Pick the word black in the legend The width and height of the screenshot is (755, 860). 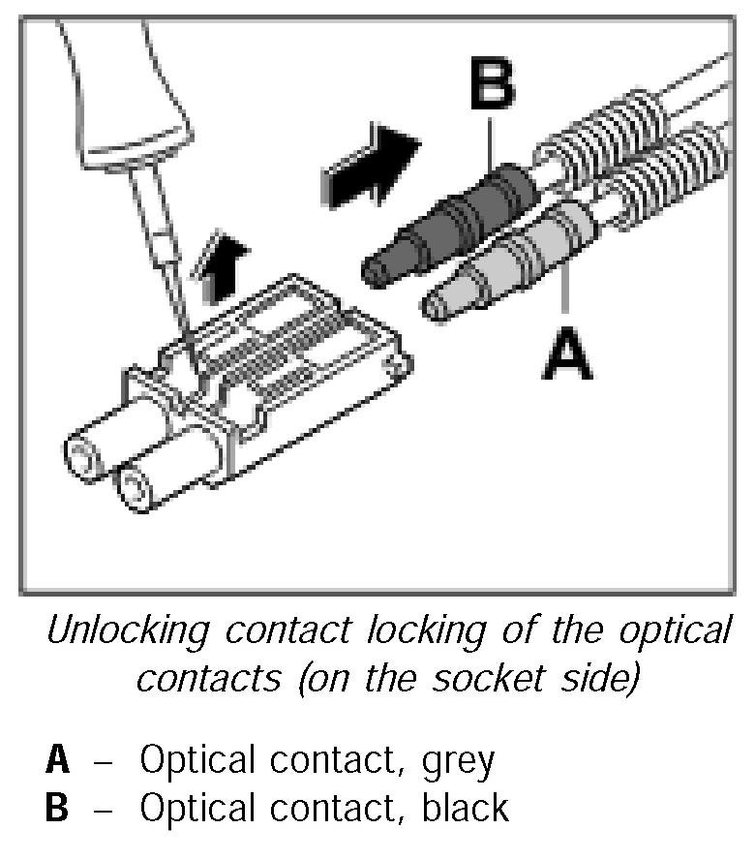coord(466,808)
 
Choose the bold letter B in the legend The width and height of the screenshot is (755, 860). coord(58,808)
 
